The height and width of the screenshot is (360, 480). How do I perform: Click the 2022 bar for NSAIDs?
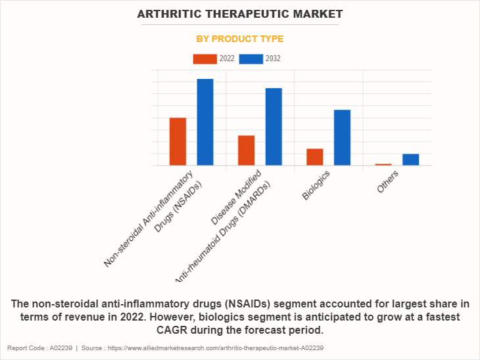click(178, 141)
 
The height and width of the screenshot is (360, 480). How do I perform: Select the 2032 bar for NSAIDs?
click(205, 122)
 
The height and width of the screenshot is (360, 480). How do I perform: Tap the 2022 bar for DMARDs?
click(246, 150)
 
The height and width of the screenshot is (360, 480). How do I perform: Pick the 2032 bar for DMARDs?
click(274, 126)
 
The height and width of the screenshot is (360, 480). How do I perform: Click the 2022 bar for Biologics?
click(314, 156)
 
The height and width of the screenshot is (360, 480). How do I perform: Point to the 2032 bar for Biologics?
click(342, 137)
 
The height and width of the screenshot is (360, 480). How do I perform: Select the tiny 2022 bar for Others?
click(383, 164)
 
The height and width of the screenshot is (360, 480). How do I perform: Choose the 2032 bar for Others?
click(410, 159)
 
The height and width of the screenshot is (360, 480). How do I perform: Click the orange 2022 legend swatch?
click(204, 59)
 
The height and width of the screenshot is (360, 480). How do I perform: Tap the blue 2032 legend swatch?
click(251, 59)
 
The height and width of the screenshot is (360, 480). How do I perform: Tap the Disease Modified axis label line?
click(237, 195)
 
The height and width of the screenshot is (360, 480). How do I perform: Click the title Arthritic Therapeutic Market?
click(240, 14)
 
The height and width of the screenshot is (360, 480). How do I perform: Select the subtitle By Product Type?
click(240, 39)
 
